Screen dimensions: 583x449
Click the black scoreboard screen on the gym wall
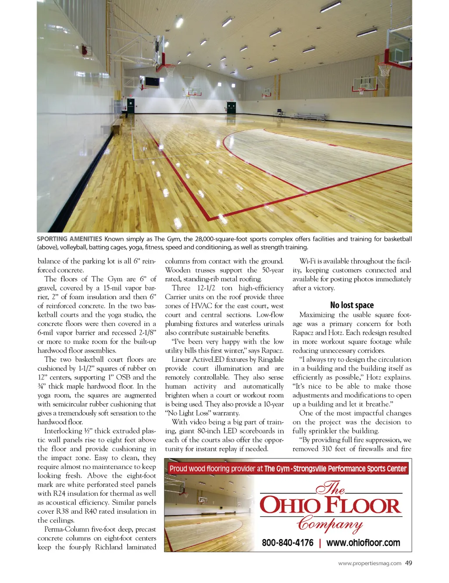[x=152, y=82]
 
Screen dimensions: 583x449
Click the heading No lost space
[x=352, y=305]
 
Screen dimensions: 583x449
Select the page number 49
[x=409, y=563]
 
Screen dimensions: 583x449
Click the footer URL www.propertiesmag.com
[x=370, y=564]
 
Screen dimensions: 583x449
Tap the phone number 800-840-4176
[x=287, y=543]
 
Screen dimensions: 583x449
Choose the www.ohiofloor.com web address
[x=363, y=543]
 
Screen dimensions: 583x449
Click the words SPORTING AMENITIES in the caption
[x=69, y=239]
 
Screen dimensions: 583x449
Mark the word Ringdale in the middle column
[x=271, y=359]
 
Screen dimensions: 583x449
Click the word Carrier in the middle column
[x=176, y=297]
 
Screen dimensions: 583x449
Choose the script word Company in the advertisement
[x=330, y=524]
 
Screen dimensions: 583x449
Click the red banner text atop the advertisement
[x=288, y=469]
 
